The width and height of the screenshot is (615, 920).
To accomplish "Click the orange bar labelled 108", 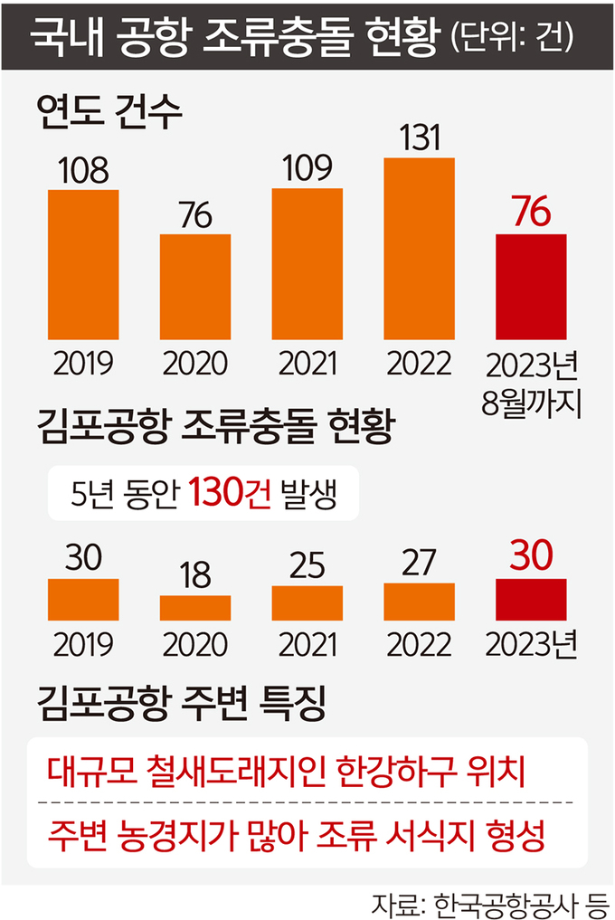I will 82,263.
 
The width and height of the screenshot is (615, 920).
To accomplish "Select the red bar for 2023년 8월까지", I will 531,285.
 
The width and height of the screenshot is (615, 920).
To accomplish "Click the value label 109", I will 307,167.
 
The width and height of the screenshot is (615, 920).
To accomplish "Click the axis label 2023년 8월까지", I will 531,382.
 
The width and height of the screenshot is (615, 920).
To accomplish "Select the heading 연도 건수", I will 109,114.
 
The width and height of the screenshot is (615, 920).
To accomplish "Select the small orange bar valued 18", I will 194,607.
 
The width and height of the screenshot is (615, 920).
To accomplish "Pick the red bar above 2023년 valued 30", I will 531,599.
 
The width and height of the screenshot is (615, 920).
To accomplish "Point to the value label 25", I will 307,565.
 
